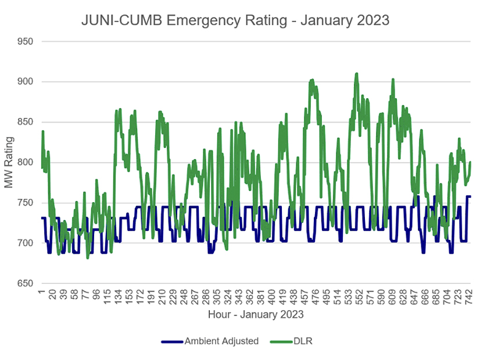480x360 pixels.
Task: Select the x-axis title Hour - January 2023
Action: pyautogui.click(x=256, y=314)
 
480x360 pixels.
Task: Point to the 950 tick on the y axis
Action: pyautogui.click(x=24, y=41)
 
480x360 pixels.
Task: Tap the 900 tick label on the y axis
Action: pyautogui.click(x=24, y=82)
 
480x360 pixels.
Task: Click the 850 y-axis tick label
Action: pyautogui.click(x=24, y=122)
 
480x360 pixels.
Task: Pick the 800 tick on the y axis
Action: pyautogui.click(x=24, y=163)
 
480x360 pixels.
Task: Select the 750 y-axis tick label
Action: pyautogui.click(x=24, y=203)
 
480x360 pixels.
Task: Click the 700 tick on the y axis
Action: pyautogui.click(x=24, y=243)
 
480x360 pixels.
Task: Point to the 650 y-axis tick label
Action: pyautogui.click(x=24, y=283)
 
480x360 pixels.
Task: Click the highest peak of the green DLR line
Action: pyautogui.click(x=356, y=74)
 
